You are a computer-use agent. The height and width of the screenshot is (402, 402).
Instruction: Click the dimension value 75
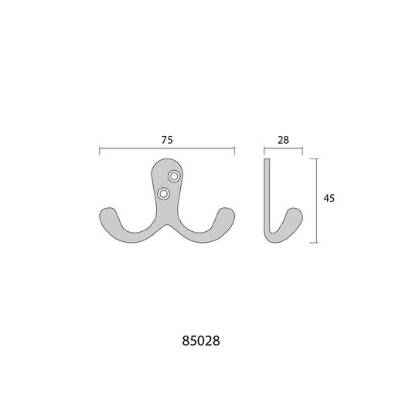167,140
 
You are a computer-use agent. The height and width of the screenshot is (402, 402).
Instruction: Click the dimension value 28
283,140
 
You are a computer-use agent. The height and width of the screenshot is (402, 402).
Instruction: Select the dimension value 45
329,198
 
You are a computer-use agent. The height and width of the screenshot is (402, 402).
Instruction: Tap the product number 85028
201,341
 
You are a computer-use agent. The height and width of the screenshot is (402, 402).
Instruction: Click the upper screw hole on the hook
174,176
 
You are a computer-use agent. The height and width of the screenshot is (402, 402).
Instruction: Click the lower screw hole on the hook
163,193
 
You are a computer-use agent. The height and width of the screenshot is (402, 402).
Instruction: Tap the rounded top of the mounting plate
167,160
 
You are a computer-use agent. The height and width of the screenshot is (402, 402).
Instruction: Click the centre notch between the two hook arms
167,226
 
